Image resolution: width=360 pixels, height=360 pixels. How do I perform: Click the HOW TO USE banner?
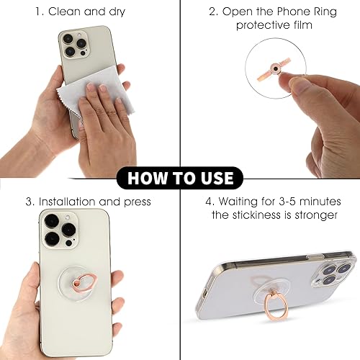coord(180,178)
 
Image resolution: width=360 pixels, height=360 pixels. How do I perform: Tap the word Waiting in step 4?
coord(246,202)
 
